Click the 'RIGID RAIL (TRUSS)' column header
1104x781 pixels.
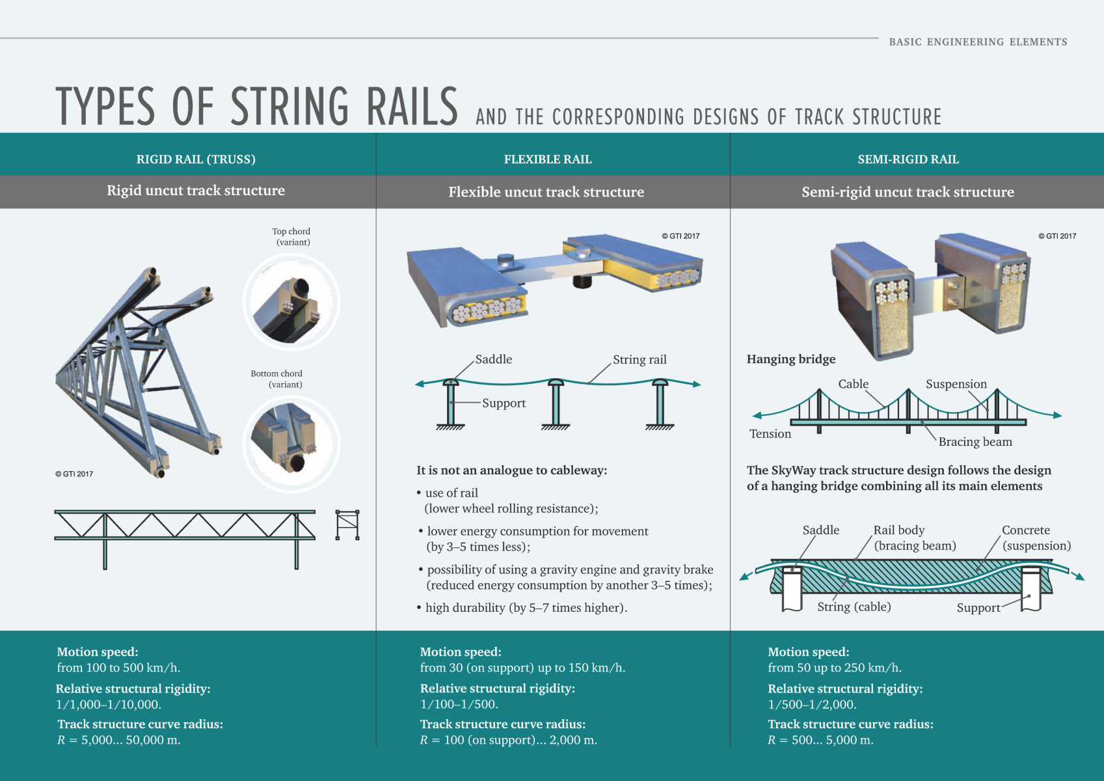(x=196, y=159)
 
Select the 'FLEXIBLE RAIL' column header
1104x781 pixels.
(x=548, y=159)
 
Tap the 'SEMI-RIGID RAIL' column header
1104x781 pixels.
(x=908, y=159)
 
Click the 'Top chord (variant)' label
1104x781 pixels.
(x=291, y=237)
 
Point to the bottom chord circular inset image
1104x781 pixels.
(x=291, y=444)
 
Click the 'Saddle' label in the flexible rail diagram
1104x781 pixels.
(x=493, y=359)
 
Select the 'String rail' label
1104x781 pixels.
(x=640, y=360)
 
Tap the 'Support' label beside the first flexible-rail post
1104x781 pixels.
(x=504, y=404)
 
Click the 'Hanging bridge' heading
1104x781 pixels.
(x=791, y=359)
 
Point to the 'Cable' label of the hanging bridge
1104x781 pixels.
(x=853, y=384)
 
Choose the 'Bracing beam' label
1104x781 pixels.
(x=975, y=442)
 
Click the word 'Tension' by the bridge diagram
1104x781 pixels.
(x=770, y=434)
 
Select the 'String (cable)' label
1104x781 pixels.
(x=854, y=607)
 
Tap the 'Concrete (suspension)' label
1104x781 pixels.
(x=1036, y=538)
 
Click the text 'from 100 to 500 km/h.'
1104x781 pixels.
(x=118, y=668)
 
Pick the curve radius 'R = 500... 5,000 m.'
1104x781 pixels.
(x=820, y=740)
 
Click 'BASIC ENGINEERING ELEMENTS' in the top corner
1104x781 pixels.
(x=978, y=42)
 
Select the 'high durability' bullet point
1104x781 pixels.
(x=526, y=608)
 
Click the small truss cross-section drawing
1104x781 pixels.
(x=347, y=525)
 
